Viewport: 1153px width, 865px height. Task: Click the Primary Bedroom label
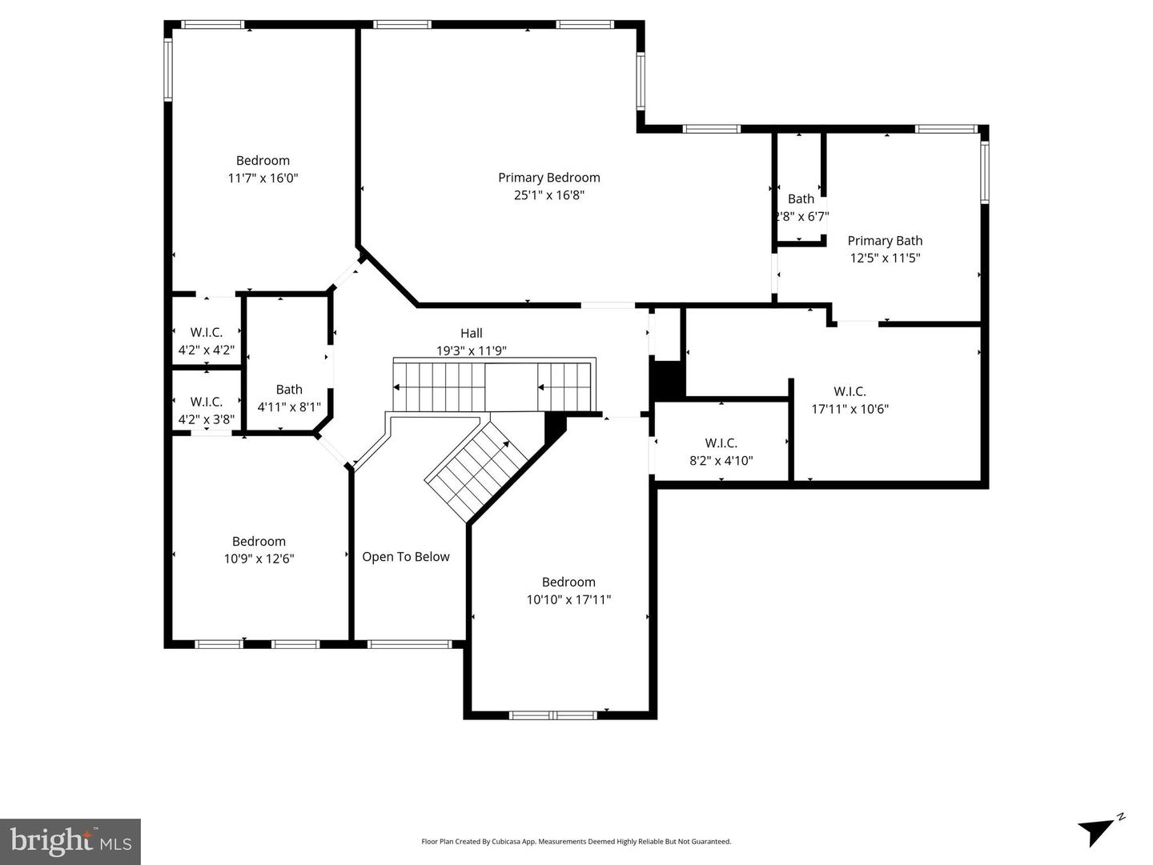coord(549,178)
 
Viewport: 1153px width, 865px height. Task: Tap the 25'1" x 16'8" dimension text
coord(549,195)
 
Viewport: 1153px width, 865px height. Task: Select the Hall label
coord(471,333)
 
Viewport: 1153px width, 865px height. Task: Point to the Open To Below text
coord(405,556)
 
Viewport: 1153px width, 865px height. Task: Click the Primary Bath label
coord(885,240)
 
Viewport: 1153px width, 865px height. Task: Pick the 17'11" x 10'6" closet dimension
coord(850,409)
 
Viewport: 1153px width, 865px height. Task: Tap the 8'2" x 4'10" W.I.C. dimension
coord(721,461)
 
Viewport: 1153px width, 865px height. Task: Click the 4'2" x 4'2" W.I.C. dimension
coord(207,350)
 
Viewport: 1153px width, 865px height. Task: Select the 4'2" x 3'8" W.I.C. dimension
coord(207,419)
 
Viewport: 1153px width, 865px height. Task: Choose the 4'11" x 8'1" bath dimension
coord(289,406)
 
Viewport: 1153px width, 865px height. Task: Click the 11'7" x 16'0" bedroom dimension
coord(263,178)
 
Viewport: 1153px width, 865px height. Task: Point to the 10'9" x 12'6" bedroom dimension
coord(259,559)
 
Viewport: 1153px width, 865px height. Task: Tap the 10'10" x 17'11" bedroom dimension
coord(568,599)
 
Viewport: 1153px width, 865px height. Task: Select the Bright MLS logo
coord(70,842)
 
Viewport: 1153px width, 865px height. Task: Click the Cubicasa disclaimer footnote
coord(576,841)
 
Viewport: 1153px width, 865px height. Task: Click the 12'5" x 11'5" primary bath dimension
coord(885,258)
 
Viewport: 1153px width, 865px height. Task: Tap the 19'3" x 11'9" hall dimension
coord(471,350)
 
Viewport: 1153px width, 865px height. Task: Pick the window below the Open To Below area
coord(409,644)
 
